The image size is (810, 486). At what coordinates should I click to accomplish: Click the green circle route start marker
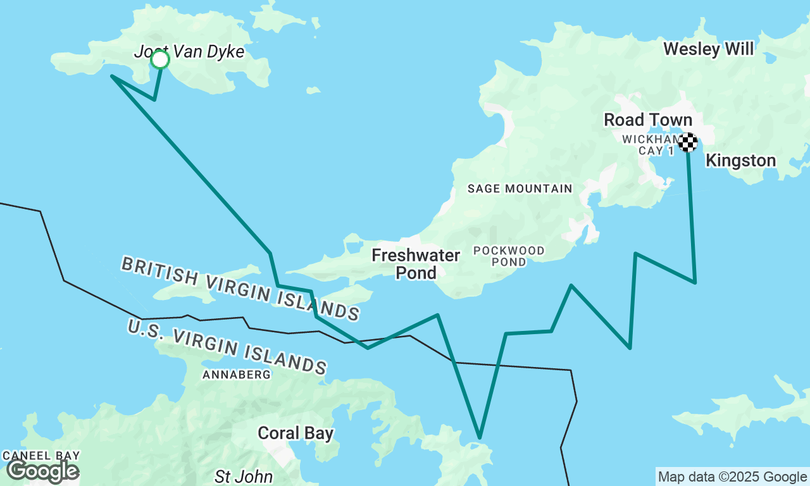(160, 59)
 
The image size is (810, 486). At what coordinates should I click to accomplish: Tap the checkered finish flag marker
(688, 142)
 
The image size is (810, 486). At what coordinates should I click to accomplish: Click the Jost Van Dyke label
(189, 51)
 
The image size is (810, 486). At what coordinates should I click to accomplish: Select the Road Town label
(648, 120)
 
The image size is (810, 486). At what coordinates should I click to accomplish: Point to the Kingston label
(740, 161)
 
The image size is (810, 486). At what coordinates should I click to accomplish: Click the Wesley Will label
(708, 49)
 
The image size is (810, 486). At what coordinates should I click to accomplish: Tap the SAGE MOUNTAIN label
(520, 189)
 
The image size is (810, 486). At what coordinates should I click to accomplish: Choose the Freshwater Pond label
(416, 264)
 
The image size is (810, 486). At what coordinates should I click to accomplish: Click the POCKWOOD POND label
(509, 256)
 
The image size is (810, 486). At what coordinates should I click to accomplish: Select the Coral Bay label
(296, 433)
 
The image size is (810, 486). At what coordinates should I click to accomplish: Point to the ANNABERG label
(237, 375)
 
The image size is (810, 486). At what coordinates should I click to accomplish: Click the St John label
(244, 476)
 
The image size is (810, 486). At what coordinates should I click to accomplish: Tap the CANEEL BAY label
(41, 455)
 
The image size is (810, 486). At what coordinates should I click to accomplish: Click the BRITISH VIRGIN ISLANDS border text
(240, 289)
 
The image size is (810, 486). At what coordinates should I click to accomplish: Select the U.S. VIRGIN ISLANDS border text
(227, 346)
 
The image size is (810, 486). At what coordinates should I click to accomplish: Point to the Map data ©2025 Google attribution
(732, 477)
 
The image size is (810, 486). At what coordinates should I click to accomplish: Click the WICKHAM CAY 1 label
(648, 144)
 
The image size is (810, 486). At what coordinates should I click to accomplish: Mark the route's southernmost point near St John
(480, 438)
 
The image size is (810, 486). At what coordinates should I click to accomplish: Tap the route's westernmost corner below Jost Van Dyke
(112, 76)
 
